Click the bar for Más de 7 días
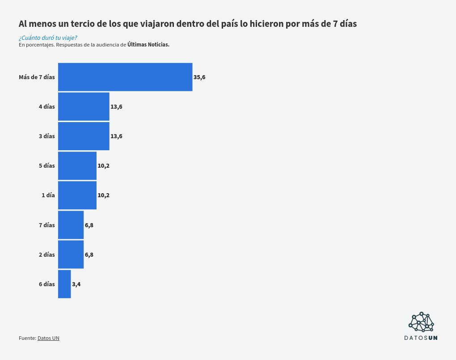click(x=125, y=77)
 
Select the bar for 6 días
click(x=64, y=284)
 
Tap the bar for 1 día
click(x=77, y=195)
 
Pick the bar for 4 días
click(x=84, y=106)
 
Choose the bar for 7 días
click(x=71, y=225)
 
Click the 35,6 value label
click(x=199, y=77)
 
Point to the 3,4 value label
click(x=76, y=284)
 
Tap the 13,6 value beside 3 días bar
click(x=116, y=136)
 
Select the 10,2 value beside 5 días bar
click(x=103, y=166)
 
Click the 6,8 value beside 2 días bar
click(x=89, y=255)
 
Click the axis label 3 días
click(x=46, y=136)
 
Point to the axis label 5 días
click(x=46, y=166)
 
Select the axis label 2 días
click(x=46, y=255)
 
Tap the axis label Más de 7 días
click(x=37, y=77)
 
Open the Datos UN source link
click(x=48, y=338)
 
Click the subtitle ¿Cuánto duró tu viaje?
click(x=51, y=38)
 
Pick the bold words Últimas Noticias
click(x=148, y=45)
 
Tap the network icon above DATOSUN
click(x=421, y=322)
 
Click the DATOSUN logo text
click(x=421, y=338)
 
